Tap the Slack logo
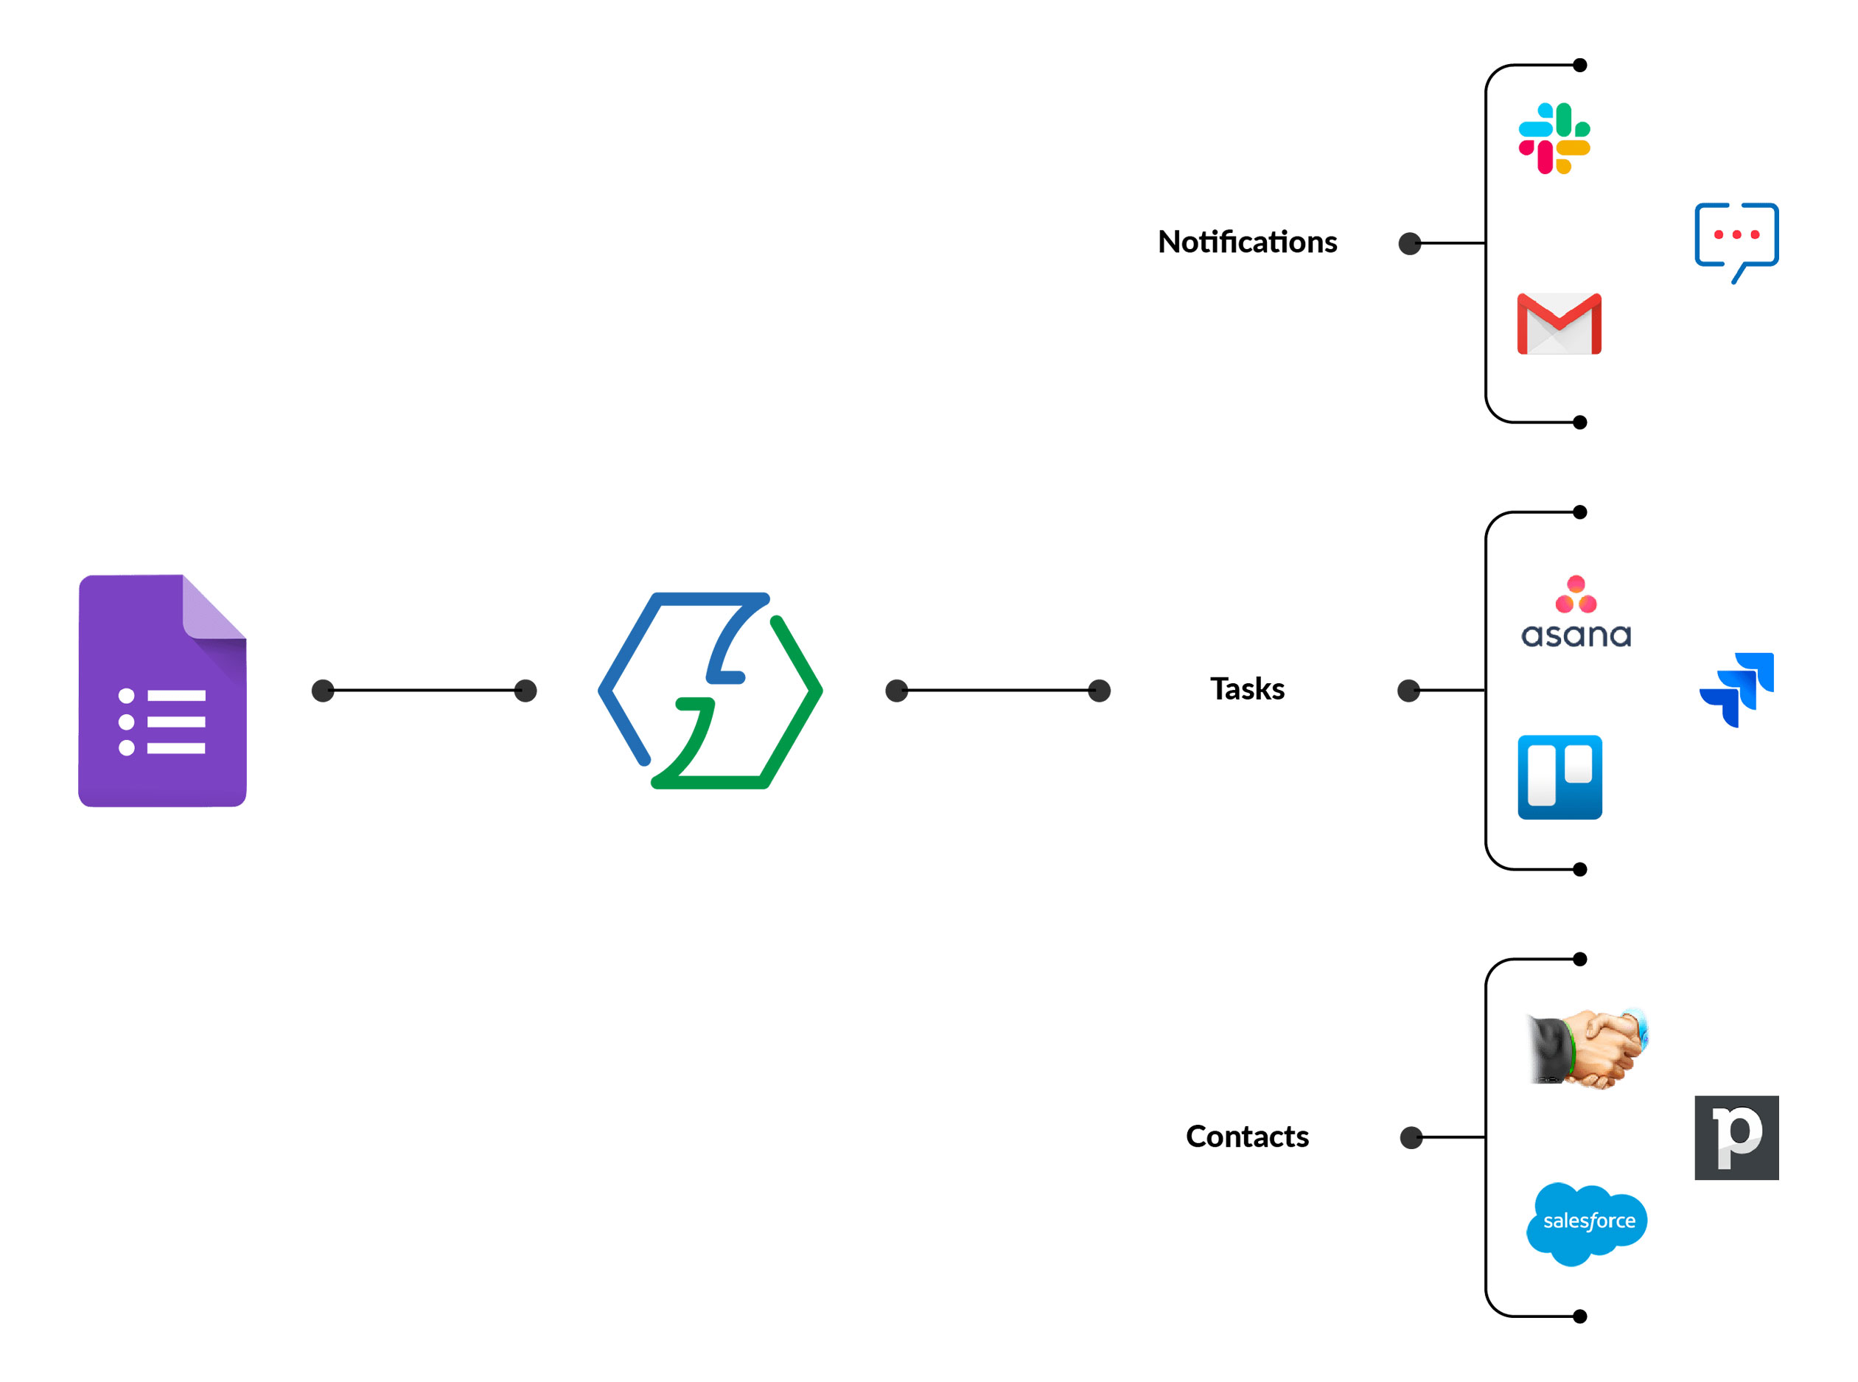(1554, 138)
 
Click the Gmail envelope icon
(1559, 324)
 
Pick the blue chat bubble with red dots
(1736, 238)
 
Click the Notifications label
(1246, 242)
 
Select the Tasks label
(1246, 688)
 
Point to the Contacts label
(1246, 1136)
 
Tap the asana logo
(1575, 613)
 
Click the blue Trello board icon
(1560, 777)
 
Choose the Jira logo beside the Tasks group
(1736, 689)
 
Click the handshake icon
(1586, 1047)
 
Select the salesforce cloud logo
(1586, 1222)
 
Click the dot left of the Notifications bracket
(1410, 243)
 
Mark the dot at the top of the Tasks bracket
(1579, 512)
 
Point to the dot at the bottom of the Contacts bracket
(1579, 1316)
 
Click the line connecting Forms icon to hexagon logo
(423, 690)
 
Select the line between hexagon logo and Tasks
(997, 690)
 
